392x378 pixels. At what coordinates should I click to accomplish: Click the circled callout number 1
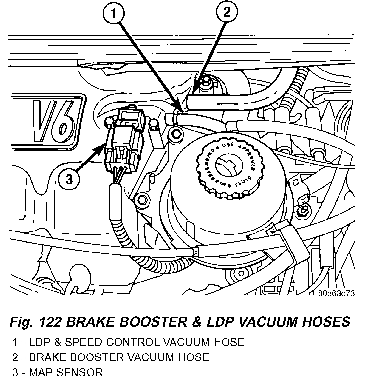(x=113, y=14)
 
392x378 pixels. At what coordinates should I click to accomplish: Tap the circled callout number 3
(x=69, y=179)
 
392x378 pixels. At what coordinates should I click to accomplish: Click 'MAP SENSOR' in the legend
(x=66, y=372)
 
